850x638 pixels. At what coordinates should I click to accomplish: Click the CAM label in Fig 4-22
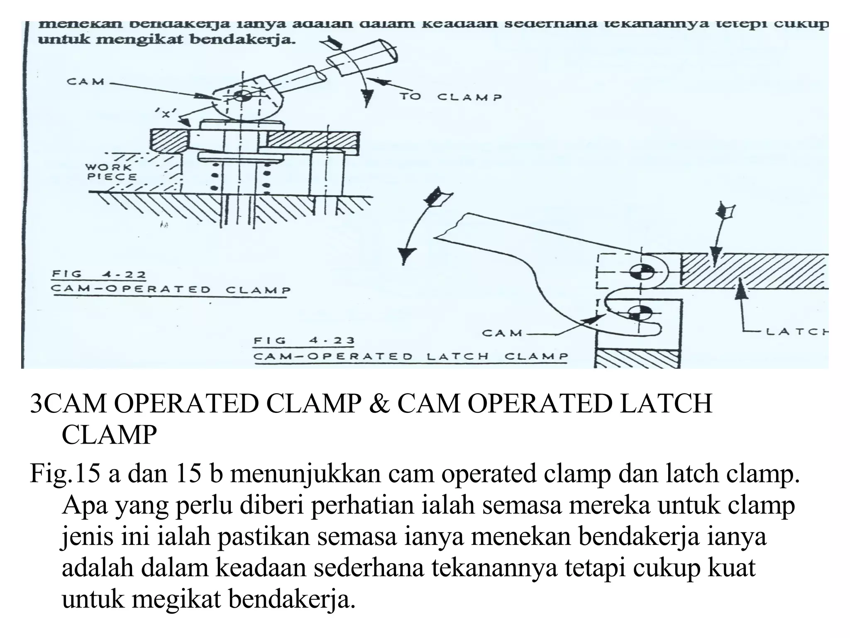click(x=85, y=81)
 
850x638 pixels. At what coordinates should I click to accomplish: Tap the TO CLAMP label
click(x=451, y=97)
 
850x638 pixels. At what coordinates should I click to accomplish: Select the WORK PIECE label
click(x=110, y=172)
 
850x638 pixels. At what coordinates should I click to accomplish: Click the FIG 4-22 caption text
click(x=99, y=275)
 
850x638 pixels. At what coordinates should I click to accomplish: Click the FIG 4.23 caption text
click(x=304, y=341)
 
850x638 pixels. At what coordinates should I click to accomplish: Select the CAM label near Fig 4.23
click(x=502, y=333)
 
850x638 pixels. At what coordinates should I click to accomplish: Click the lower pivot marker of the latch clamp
click(x=641, y=312)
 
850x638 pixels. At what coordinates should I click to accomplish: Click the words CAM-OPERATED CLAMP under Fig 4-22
click(x=171, y=290)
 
